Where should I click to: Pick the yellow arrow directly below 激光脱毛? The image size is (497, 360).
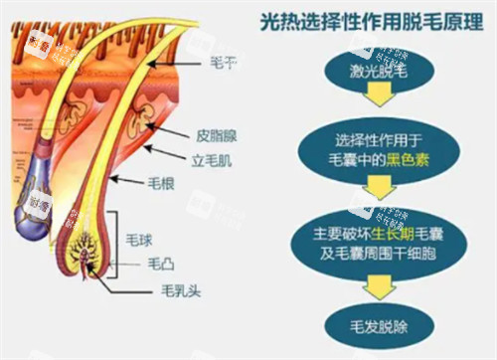click(x=375, y=100)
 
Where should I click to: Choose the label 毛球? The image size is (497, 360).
click(x=140, y=241)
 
